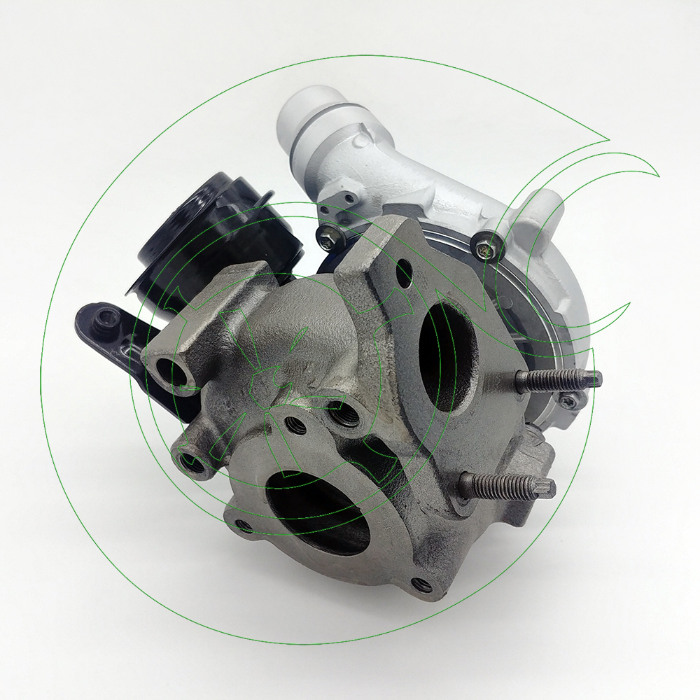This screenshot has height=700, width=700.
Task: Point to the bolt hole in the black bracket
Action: (x=104, y=320)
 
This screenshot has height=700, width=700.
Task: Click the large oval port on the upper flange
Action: (x=449, y=356)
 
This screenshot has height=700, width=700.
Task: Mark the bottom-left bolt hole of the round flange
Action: (x=242, y=525)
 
